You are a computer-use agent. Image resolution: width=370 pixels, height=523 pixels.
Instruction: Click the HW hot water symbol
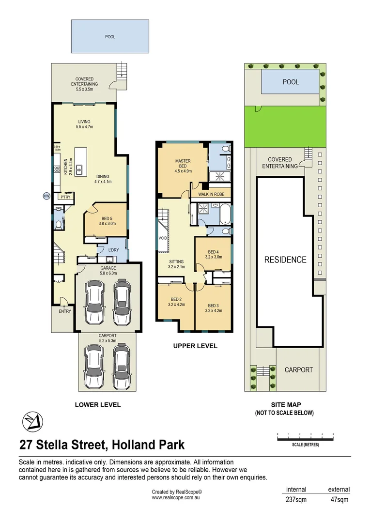click(x=46, y=196)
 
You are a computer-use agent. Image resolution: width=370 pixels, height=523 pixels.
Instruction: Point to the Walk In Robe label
click(x=212, y=195)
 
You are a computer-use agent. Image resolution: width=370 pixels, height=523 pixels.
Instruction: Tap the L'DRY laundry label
click(x=113, y=250)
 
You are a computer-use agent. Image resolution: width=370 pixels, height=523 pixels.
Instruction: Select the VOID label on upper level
click(x=162, y=238)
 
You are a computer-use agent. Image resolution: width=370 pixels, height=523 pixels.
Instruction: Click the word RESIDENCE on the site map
click(x=285, y=260)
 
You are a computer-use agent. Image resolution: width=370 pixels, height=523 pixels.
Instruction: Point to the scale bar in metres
click(x=305, y=439)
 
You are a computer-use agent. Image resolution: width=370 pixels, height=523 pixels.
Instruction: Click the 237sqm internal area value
click(x=296, y=500)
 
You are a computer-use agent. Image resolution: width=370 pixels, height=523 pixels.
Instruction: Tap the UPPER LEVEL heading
click(x=195, y=346)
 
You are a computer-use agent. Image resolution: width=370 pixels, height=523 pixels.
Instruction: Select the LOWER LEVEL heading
click(x=97, y=405)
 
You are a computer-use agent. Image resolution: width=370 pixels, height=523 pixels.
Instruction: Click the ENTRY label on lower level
click(x=65, y=311)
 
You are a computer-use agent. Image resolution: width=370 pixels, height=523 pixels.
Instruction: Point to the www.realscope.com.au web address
click(x=176, y=497)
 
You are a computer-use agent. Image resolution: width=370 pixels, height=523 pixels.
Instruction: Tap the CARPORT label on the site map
click(x=298, y=369)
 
